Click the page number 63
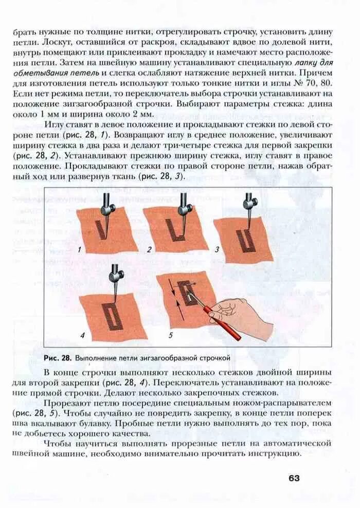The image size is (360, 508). pos(294,478)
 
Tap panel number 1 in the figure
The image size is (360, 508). pos(80,249)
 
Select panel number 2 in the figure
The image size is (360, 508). pos(149,250)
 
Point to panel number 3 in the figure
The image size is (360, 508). pos(217,250)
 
